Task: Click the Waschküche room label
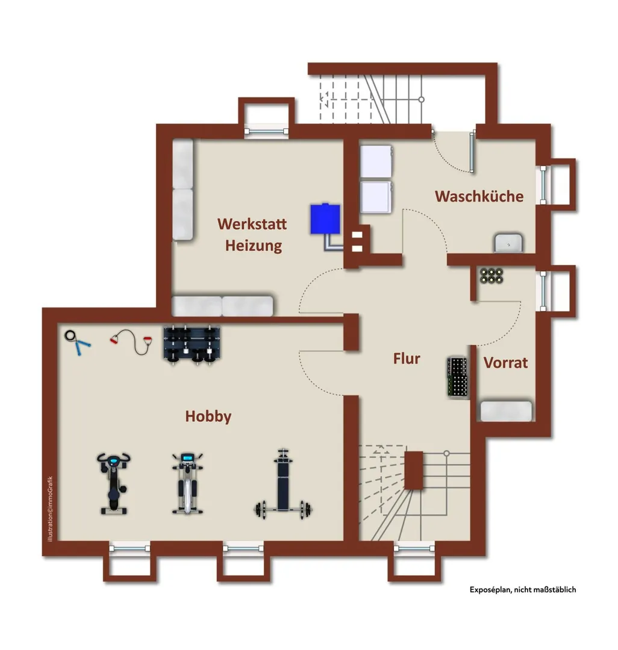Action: (x=479, y=196)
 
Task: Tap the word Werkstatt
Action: (x=252, y=224)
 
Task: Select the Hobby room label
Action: (x=208, y=416)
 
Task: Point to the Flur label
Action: (x=407, y=358)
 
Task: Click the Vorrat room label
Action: (x=505, y=363)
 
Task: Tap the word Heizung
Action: (x=254, y=246)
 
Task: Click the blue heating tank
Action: (x=326, y=218)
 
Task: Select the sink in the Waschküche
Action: (x=508, y=243)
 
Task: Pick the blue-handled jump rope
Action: (x=78, y=342)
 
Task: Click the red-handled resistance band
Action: (x=131, y=342)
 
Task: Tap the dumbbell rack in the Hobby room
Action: (x=192, y=345)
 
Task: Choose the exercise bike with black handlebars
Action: (x=113, y=483)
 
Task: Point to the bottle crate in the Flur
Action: (x=458, y=377)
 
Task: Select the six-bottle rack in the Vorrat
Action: (x=492, y=276)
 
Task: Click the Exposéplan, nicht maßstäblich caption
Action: (x=523, y=589)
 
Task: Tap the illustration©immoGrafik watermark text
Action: (x=50, y=509)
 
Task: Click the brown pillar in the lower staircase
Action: (x=414, y=470)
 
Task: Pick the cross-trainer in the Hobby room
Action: (x=188, y=483)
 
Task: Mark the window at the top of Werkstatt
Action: (x=266, y=132)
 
